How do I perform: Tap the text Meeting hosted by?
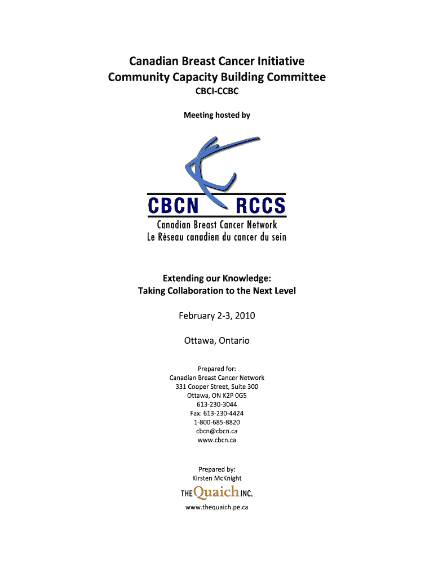(x=217, y=116)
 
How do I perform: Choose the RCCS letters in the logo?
(x=260, y=206)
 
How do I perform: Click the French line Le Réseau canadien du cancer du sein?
(x=217, y=237)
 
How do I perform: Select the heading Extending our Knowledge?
(x=217, y=278)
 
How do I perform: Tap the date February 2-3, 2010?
(x=217, y=316)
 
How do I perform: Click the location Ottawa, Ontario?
(x=217, y=341)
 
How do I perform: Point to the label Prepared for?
(x=217, y=369)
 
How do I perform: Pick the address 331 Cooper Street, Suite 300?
(x=217, y=387)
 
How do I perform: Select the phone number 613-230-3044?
(x=217, y=405)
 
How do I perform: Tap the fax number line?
(x=217, y=414)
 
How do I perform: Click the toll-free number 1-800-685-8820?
(x=217, y=422)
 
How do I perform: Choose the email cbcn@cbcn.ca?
(x=217, y=431)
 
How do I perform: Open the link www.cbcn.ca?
(x=217, y=440)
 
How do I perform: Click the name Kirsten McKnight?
(x=217, y=478)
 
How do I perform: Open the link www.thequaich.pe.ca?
(x=217, y=508)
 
